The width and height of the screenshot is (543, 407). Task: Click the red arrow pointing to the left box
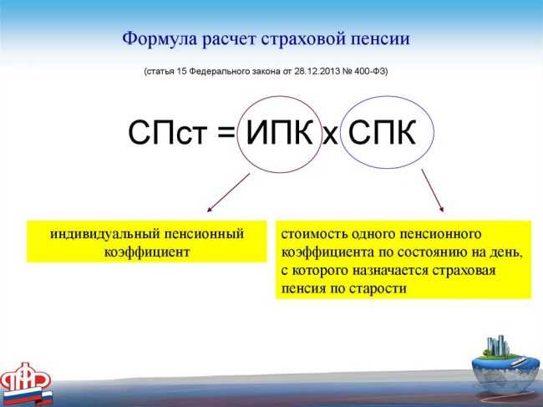227,193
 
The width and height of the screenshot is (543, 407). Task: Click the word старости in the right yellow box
380,287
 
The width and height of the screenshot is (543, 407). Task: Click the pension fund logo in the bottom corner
26,383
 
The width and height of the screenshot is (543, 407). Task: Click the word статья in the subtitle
162,72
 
